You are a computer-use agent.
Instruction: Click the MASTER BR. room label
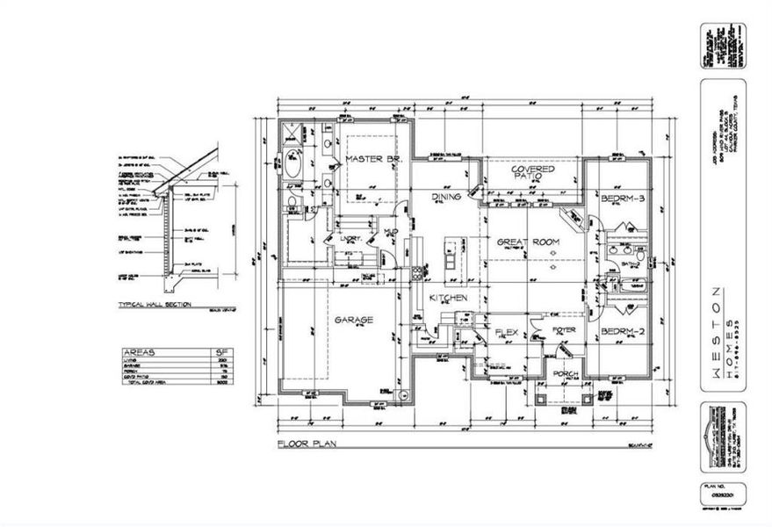coord(372,159)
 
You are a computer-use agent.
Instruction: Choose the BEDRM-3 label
coord(623,199)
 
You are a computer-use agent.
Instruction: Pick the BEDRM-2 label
coord(623,332)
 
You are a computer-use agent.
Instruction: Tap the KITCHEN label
coord(447,299)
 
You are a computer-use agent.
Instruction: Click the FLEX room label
coord(506,332)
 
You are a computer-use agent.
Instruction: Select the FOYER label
coord(563,330)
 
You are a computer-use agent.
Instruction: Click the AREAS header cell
coord(142,351)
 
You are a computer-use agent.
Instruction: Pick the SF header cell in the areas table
coord(220,351)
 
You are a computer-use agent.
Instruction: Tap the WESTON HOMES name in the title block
coord(720,334)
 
